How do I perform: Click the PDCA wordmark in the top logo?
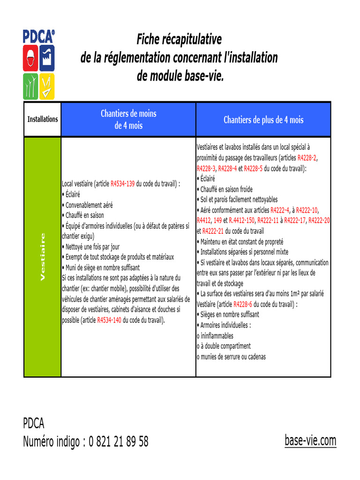pyautogui.click(x=38, y=37)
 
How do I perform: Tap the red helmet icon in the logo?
pyautogui.click(x=30, y=58)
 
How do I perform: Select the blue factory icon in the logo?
pyautogui.click(x=46, y=58)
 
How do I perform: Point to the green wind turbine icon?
pyautogui.click(x=30, y=86)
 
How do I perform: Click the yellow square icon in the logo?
pyautogui.click(x=46, y=86)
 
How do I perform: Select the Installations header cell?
pyautogui.click(x=43, y=119)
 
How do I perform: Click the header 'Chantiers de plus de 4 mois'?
pyautogui.click(x=263, y=120)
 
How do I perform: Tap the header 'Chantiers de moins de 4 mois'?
pyautogui.click(x=128, y=120)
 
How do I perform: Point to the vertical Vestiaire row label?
pyautogui.click(x=43, y=257)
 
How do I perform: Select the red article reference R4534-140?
pyautogui.click(x=109, y=321)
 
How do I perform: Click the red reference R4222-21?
pyautogui.click(x=213, y=231)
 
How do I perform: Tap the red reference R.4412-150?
pyautogui.click(x=241, y=220)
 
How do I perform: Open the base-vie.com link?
pyautogui.click(x=310, y=441)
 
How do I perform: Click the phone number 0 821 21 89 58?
pyautogui.click(x=118, y=442)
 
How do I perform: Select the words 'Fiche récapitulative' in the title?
pyautogui.click(x=179, y=39)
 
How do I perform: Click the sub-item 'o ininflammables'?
pyautogui.click(x=215, y=336)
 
